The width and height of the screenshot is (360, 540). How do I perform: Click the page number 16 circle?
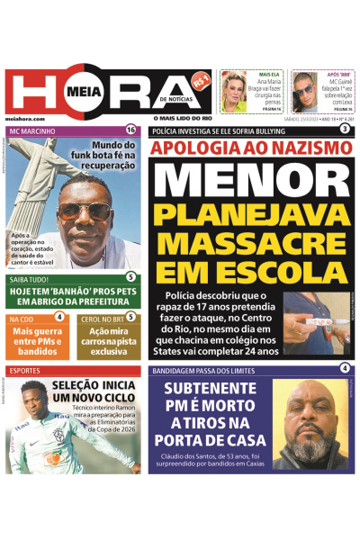131,130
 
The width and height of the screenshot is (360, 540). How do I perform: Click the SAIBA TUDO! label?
29,279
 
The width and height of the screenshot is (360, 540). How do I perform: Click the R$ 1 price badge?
202,80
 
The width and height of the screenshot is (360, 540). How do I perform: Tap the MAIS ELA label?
270,75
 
